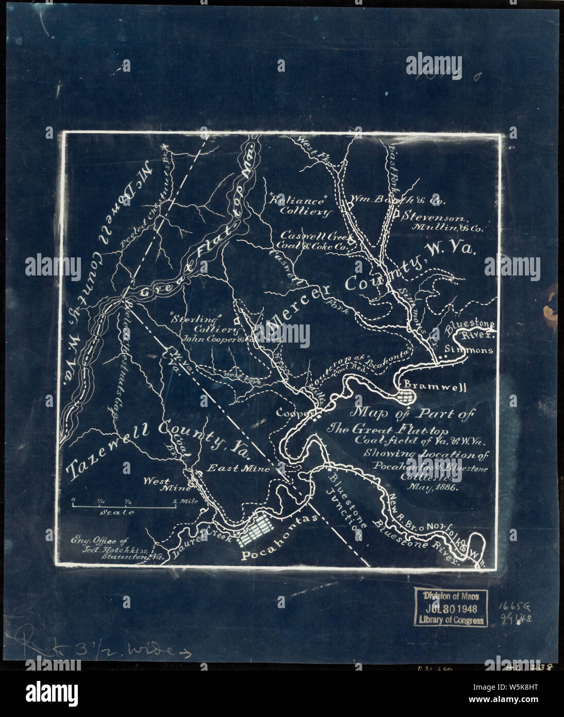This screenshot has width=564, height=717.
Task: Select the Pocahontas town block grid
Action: pyautogui.click(x=257, y=530)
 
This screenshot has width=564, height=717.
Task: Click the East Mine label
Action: pyautogui.click(x=239, y=468)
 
